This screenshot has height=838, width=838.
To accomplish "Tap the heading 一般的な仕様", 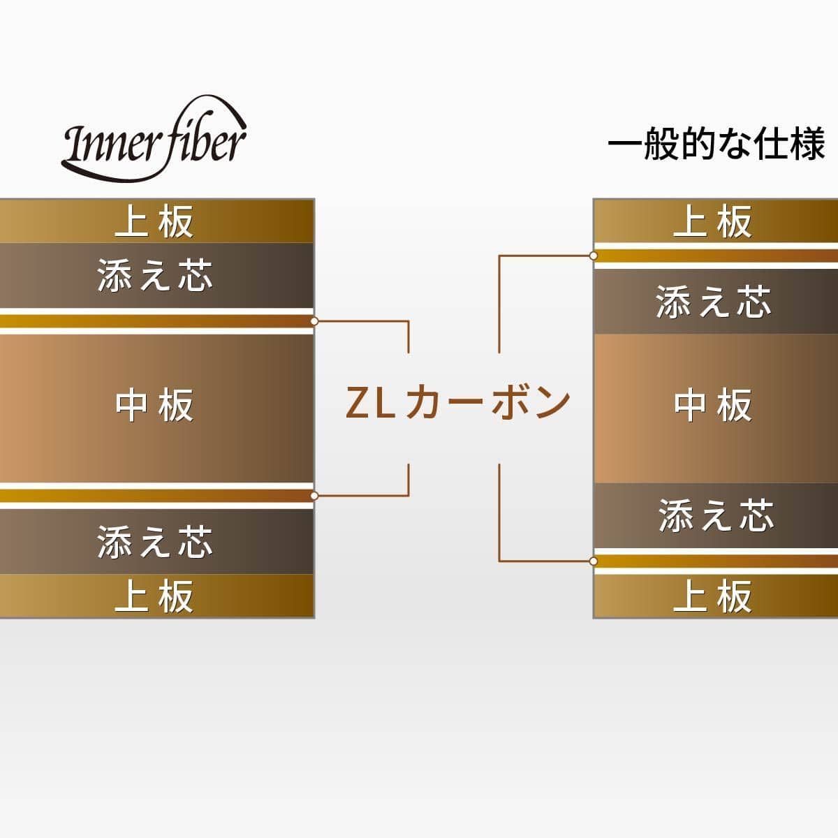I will (x=716, y=145).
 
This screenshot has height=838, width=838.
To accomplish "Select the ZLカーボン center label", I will (x=458, y=404).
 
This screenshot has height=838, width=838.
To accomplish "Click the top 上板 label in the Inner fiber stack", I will (x=154, y=222).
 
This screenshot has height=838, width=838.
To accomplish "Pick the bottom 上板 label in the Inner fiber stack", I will (x=154, y=596).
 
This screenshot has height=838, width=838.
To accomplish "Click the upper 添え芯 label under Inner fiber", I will (x=154, y=275).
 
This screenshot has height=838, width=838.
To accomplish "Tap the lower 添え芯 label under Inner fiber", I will (x=154, y=542).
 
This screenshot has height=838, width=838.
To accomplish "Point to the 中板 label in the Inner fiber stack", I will (x=154, y=405).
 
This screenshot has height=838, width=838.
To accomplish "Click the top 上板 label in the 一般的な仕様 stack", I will (x=713, y=222).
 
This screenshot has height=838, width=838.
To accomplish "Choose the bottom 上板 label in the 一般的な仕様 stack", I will (x=713, y=596).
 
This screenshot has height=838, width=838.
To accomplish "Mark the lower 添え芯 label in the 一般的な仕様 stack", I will (x=716, y=515).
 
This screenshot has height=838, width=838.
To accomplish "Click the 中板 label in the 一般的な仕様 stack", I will (x=713, y=405).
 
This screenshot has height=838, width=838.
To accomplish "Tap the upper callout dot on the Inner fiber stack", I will (x=314, y=321).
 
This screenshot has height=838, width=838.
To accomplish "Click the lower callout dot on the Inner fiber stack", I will (x=314, y=495).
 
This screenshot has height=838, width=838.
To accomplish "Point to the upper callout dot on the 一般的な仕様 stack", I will (x=594, y=256).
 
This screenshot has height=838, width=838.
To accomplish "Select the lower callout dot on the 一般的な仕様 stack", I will (x=594, y=561).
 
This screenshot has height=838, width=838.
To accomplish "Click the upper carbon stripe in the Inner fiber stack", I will (x=154, y=321).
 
